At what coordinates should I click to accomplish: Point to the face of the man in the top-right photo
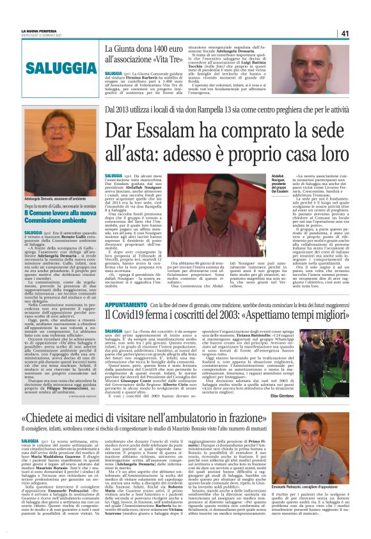point(315,60)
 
